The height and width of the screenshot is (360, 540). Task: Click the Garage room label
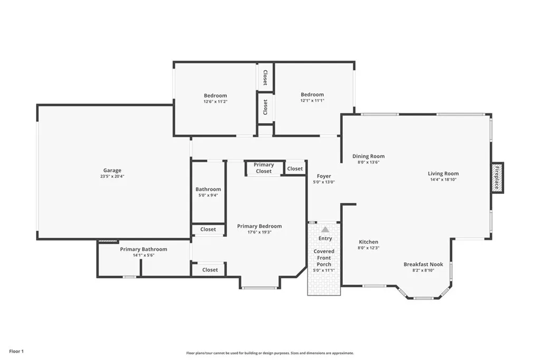[112, 170]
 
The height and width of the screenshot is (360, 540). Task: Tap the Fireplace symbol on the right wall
[497, 178]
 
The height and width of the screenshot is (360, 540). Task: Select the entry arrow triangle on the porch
[325, 230]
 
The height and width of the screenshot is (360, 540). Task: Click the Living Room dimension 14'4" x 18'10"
[443, 180]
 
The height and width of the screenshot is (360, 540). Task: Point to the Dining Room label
[368, 156]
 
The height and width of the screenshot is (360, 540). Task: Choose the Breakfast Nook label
[423, 264]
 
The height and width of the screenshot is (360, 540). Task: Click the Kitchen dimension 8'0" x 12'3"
[369, 248]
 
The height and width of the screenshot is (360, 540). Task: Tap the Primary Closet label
[264, 168]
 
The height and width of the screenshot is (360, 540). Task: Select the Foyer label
[324, 176]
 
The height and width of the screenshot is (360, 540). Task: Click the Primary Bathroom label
[143, 249]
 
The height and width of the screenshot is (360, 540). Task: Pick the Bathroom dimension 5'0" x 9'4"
[208, 196]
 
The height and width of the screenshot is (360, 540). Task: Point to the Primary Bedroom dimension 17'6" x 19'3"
[259, 232]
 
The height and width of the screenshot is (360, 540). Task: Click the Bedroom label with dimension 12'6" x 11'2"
[216, 95]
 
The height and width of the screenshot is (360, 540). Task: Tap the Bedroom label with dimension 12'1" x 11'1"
[312, 95]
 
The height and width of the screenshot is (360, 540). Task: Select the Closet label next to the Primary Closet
[295, 169]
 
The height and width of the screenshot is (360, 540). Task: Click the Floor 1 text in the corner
[16, 351]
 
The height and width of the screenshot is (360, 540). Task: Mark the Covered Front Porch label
[324, 258]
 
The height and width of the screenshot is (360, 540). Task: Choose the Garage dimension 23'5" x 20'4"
[112, 177]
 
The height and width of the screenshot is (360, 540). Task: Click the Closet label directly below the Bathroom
[208, 229]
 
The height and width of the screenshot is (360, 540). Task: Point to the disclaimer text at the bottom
[269, 353]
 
